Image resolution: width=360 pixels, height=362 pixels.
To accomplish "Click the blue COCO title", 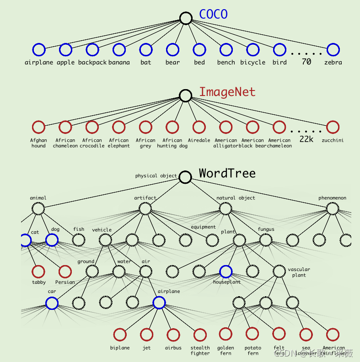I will pyautogui.click(x=213, y=14).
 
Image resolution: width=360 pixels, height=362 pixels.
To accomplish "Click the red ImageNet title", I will pyautogui.click(x=227, y=92).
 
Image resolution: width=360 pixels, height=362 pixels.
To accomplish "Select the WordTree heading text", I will pyautogui.click(x=227, y=173).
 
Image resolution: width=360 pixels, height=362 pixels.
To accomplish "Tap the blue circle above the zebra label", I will pyautogui.click(x=333, y=49).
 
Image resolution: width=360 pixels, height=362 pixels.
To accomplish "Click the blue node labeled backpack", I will pyautogui.click(x=92, y=49).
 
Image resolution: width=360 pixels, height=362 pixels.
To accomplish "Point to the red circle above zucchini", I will pyautogui.click(x=333, y=127).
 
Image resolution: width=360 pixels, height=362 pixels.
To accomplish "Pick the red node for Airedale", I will pyautogui.click(x=199, y=127).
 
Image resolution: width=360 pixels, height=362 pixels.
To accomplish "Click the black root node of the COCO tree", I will pyautogui.click(x=185, y=18).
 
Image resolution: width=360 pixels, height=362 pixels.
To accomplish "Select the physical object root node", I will pyautogui.click(x=185, y=177).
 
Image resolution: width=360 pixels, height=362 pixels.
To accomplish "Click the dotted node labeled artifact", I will pyautogui.click(x=145, y=209).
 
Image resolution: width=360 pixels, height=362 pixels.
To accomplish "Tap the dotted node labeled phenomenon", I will pyautogui.click(x=333, y=209).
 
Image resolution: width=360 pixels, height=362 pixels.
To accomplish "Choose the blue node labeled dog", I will pyautogui.click(x=52, y=240).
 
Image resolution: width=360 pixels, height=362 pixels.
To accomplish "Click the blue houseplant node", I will pyautogui.click(x=226, y=271).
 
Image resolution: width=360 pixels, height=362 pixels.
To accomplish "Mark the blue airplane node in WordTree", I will pyautogui.click(x=159, y=303).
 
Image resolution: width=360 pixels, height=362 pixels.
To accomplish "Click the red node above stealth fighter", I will pyautogui.click(x=200, y=335).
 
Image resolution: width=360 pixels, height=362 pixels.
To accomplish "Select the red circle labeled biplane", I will pyautogui.click(x=120, y=335).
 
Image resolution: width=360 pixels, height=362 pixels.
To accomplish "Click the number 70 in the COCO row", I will pyautogui.click(x=306, y=61).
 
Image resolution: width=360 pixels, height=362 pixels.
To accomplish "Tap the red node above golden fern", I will pyautogui.click(x=226, y=335).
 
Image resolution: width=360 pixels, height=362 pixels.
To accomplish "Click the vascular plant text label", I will pyautogui.click(x=299, y=272).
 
